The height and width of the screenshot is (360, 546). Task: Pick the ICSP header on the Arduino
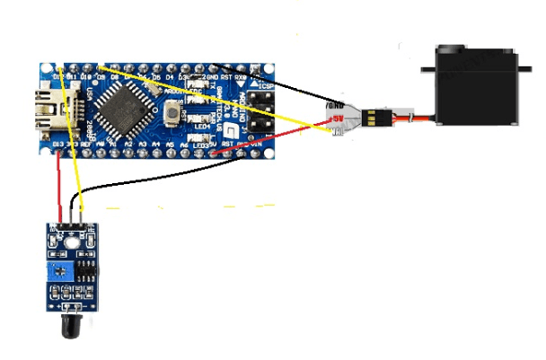[262, 108]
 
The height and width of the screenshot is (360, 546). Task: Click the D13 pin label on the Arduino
[57, 144]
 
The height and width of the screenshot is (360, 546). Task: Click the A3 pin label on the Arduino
[142, 144]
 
